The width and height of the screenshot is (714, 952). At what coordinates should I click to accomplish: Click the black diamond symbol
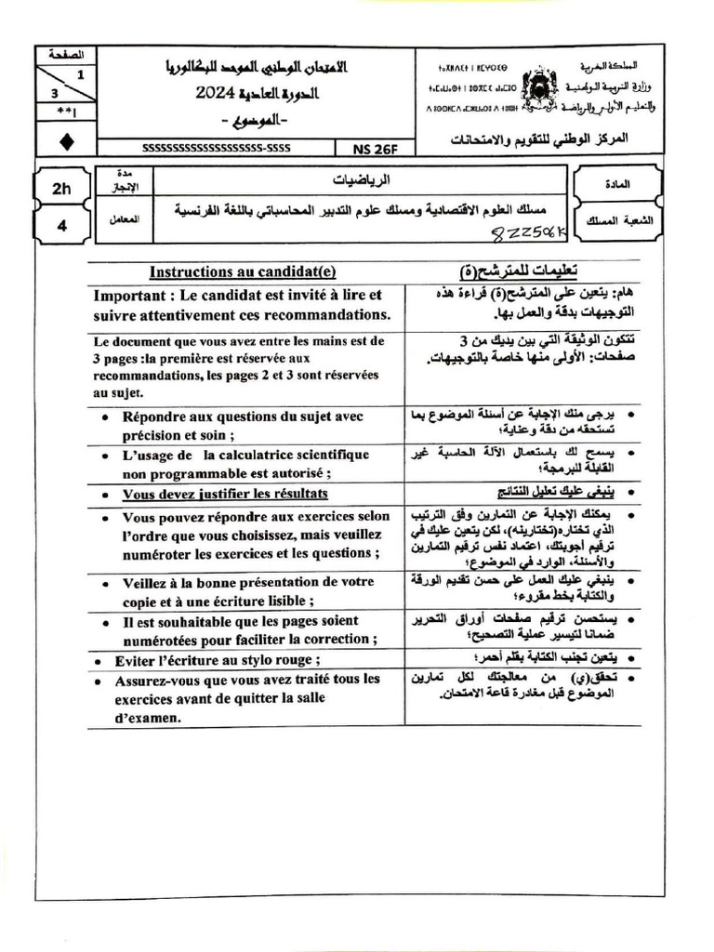tap(62, 141)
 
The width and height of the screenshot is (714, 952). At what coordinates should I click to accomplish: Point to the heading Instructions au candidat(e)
tap(243, 271)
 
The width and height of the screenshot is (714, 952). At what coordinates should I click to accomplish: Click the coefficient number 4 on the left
tap(62, 223)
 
